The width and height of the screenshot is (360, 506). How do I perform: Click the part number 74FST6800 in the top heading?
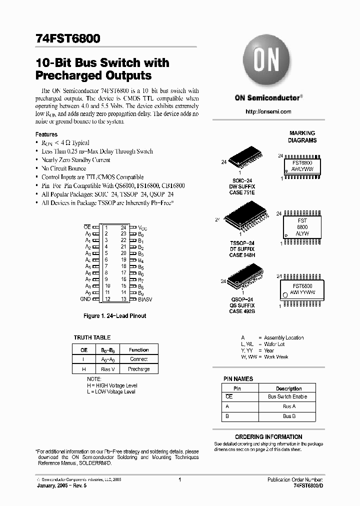(x=68, y=38)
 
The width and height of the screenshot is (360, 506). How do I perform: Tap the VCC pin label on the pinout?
(x=142, y=227)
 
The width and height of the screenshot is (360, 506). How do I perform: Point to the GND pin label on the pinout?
(x=85, y=299)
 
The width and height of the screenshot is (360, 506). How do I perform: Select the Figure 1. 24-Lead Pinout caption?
(x=115, y=316)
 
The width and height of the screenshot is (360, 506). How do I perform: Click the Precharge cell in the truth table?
(x=138, y=369)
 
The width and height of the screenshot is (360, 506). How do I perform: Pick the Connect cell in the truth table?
(x=138, y=359)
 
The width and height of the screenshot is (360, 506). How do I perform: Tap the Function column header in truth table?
(x=138, y=350)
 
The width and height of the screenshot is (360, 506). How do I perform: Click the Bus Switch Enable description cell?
(x=287, y=396)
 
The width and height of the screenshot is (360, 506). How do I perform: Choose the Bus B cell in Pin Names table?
(x=288, y=416)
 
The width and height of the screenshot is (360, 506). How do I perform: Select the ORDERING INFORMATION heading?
(x=268, y=436)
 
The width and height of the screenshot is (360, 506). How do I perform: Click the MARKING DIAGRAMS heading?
(x=302, y=137)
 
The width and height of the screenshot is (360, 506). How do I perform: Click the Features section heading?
(x=46, y=134)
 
